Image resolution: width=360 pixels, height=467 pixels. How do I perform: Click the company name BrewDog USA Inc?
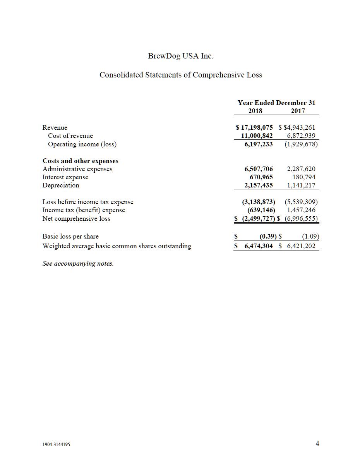[180, 56]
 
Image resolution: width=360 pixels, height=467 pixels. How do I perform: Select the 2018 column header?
[255, 111]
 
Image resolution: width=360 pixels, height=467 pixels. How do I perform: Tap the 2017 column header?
[298, 111]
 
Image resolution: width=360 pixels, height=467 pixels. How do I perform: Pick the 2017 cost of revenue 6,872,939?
[301, 136]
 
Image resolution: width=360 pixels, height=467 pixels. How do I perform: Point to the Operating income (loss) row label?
[82, 144]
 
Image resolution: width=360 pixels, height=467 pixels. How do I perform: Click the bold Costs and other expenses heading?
[81, 161]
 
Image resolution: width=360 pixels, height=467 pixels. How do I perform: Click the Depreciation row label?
[61, 185]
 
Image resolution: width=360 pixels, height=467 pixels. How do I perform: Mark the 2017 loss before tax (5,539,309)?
[301, 202]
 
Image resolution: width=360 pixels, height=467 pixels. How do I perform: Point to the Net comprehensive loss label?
[76, 218]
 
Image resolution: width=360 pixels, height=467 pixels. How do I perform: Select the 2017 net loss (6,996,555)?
[301, 218]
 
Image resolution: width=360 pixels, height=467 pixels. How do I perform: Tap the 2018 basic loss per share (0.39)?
[267, 236]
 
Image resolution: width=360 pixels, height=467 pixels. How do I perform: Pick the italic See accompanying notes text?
[78, 264]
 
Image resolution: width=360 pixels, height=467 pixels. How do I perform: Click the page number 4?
[317, 443]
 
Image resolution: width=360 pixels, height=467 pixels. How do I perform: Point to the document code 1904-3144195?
[57, 445]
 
